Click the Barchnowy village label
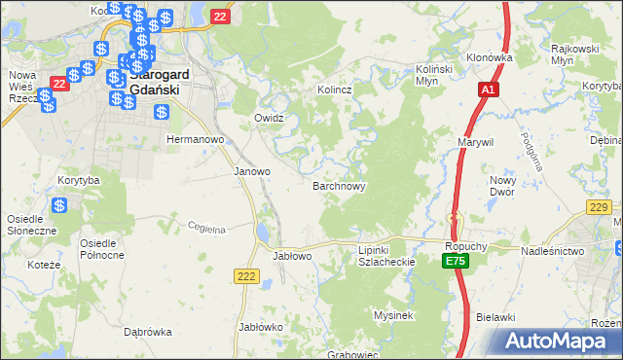[339, 185]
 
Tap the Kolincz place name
[333, 90]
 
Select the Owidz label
[268, 118]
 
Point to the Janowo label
[252, 171]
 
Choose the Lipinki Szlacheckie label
[386, 256]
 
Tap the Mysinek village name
[394, 315]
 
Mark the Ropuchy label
[464, 247]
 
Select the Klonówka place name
[489, 57]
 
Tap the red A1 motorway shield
[488, 90]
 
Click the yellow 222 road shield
[245, 278]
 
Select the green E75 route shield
[456, 262]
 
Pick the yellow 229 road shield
[600, 206]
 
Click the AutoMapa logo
[560, 341]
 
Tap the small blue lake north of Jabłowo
[263, 234]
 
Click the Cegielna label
[206, 229]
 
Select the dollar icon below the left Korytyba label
[59, 205]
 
